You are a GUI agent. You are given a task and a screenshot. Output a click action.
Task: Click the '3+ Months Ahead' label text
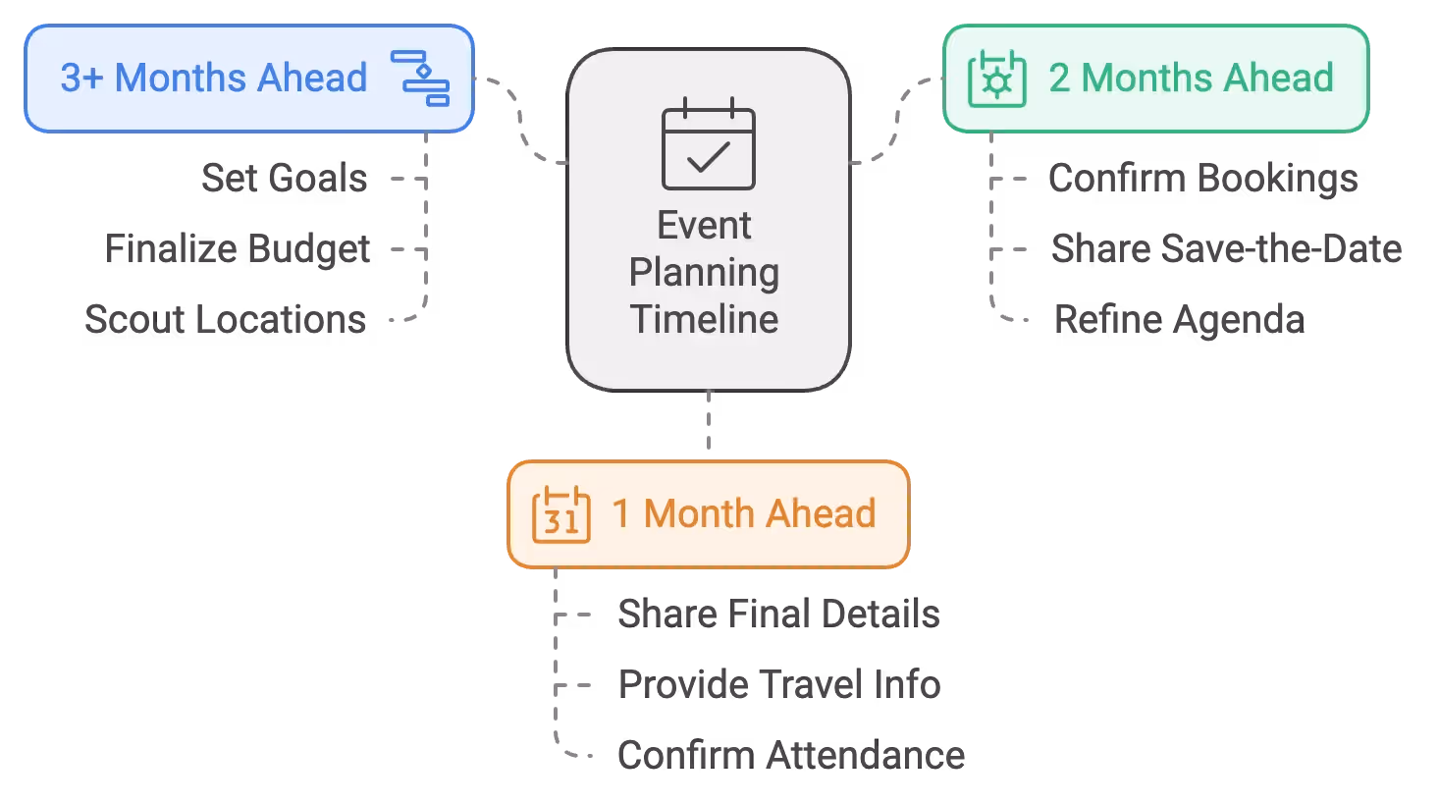click(214, 78)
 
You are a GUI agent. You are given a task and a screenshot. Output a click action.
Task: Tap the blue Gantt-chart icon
click(420, 78)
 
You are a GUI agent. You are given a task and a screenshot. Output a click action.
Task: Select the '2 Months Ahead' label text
click(1191, 78)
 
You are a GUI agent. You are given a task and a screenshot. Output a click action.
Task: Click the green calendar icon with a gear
click(996, 80)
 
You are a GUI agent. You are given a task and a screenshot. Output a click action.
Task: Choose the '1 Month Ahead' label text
click(743, 513)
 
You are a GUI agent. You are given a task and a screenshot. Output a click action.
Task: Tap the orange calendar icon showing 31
click(560, 514)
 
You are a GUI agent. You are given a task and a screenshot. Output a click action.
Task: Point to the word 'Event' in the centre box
click(704, 226)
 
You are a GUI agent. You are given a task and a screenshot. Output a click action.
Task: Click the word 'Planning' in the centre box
click(704, 272)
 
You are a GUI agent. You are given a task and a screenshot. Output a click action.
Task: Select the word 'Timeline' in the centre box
click(704, 319)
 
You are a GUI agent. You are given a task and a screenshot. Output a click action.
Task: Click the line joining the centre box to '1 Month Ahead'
click(710, 424)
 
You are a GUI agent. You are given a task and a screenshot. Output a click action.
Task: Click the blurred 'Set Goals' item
click(283, 178)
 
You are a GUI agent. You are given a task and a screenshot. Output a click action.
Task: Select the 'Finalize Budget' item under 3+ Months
click(239, 248)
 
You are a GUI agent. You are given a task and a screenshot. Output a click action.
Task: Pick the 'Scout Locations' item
click(226, 318)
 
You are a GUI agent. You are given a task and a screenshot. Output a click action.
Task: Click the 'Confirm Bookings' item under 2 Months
click(1202, 178)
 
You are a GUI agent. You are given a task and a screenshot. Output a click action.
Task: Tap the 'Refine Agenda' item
click(1179, 319)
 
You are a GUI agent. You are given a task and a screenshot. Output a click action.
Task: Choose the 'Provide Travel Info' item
click(780, 684)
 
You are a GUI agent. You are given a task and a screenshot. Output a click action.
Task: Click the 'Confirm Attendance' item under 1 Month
click(789, 756)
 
